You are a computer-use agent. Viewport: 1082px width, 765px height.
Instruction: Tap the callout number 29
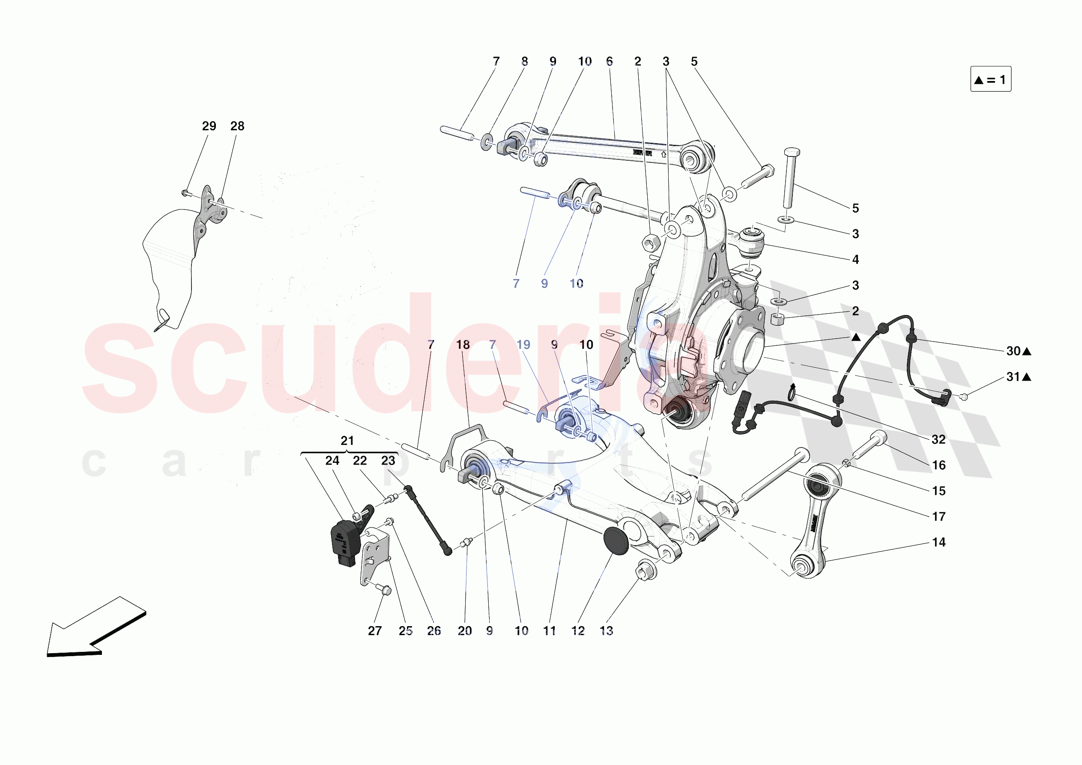pos(209,126)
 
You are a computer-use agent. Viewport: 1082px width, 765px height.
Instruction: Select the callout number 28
pos(237,126)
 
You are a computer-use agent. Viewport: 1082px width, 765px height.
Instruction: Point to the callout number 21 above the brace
pos(347,441)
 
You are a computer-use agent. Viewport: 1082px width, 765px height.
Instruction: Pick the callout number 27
pos(375,630)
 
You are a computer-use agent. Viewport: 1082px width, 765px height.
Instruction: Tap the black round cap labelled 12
pos(616,541)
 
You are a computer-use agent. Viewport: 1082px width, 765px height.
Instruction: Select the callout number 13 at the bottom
pos(606,630)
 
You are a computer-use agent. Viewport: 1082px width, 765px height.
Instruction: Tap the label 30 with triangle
pos(1018,351)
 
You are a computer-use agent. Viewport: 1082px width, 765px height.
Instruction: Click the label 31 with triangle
pos(1018,376)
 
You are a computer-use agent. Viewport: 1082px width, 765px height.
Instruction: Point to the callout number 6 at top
pos(610,61)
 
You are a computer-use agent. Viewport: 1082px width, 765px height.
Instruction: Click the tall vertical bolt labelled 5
pos(790,179)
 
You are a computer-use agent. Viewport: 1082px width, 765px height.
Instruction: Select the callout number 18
pos(463,345)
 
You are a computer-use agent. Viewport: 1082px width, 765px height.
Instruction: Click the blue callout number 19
pos(523,345)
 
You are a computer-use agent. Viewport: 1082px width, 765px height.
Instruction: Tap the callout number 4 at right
pos(855,259)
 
